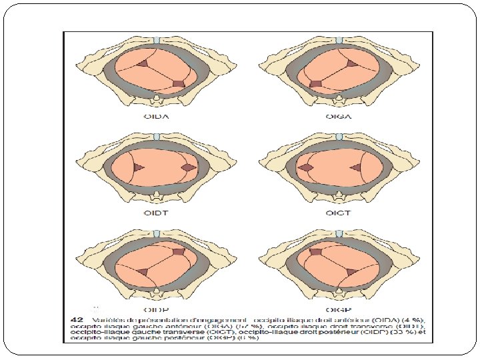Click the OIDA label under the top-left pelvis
click(x=155, y=117)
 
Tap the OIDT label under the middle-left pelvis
click(x=155, y=213)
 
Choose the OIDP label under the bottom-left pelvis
click(x=155, y=308)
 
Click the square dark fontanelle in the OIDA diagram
click(x=179, y=83)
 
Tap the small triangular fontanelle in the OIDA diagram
click(x=143, y=63)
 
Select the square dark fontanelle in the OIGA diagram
click(x=315, y=83)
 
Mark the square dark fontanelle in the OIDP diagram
click(x=178, y=251)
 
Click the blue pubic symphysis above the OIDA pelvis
click(x=155, y=41)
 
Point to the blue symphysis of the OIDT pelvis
click(x=155, y=136)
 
